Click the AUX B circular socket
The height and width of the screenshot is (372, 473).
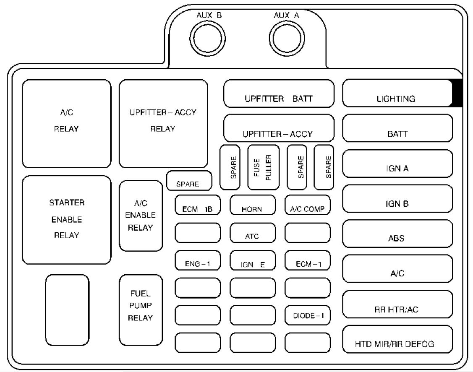click(x=207, y=39)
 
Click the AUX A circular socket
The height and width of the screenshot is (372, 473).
click(x=287, y=39)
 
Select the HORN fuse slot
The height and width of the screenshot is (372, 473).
click(x=253, y=205)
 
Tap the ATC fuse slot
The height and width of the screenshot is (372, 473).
click(x=253, y=233)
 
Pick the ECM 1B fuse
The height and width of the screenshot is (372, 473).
click(x=198, y=205)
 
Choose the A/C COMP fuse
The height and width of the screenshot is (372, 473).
click(x=307, y=205)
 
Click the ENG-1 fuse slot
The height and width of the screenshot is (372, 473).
click(x=198, y=260)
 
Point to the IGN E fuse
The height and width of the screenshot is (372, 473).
click(x=253, y=260)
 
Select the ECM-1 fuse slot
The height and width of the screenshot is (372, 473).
click(x=307, y=260)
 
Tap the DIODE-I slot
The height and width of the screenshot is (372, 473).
click(x=307, y=315)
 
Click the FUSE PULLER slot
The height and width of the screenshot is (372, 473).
click(x=263, y=167)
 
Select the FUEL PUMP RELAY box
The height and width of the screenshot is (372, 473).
click(x=141, y=310)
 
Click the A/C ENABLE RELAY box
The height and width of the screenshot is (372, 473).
click(x=141, y=216)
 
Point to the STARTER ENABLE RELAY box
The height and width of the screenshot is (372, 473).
click(x=67, y=220)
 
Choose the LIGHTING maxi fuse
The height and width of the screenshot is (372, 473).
click(x=397, y=93)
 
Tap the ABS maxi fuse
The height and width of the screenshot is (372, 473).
click(x=397, y=234)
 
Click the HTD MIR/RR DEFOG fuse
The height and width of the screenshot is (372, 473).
click(x=397, y=339)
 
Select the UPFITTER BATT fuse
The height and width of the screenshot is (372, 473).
click(x=279, y=94)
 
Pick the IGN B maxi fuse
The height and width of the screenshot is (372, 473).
click(x=397, y=199)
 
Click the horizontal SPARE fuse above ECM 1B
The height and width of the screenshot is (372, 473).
click(x=189, y=181)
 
